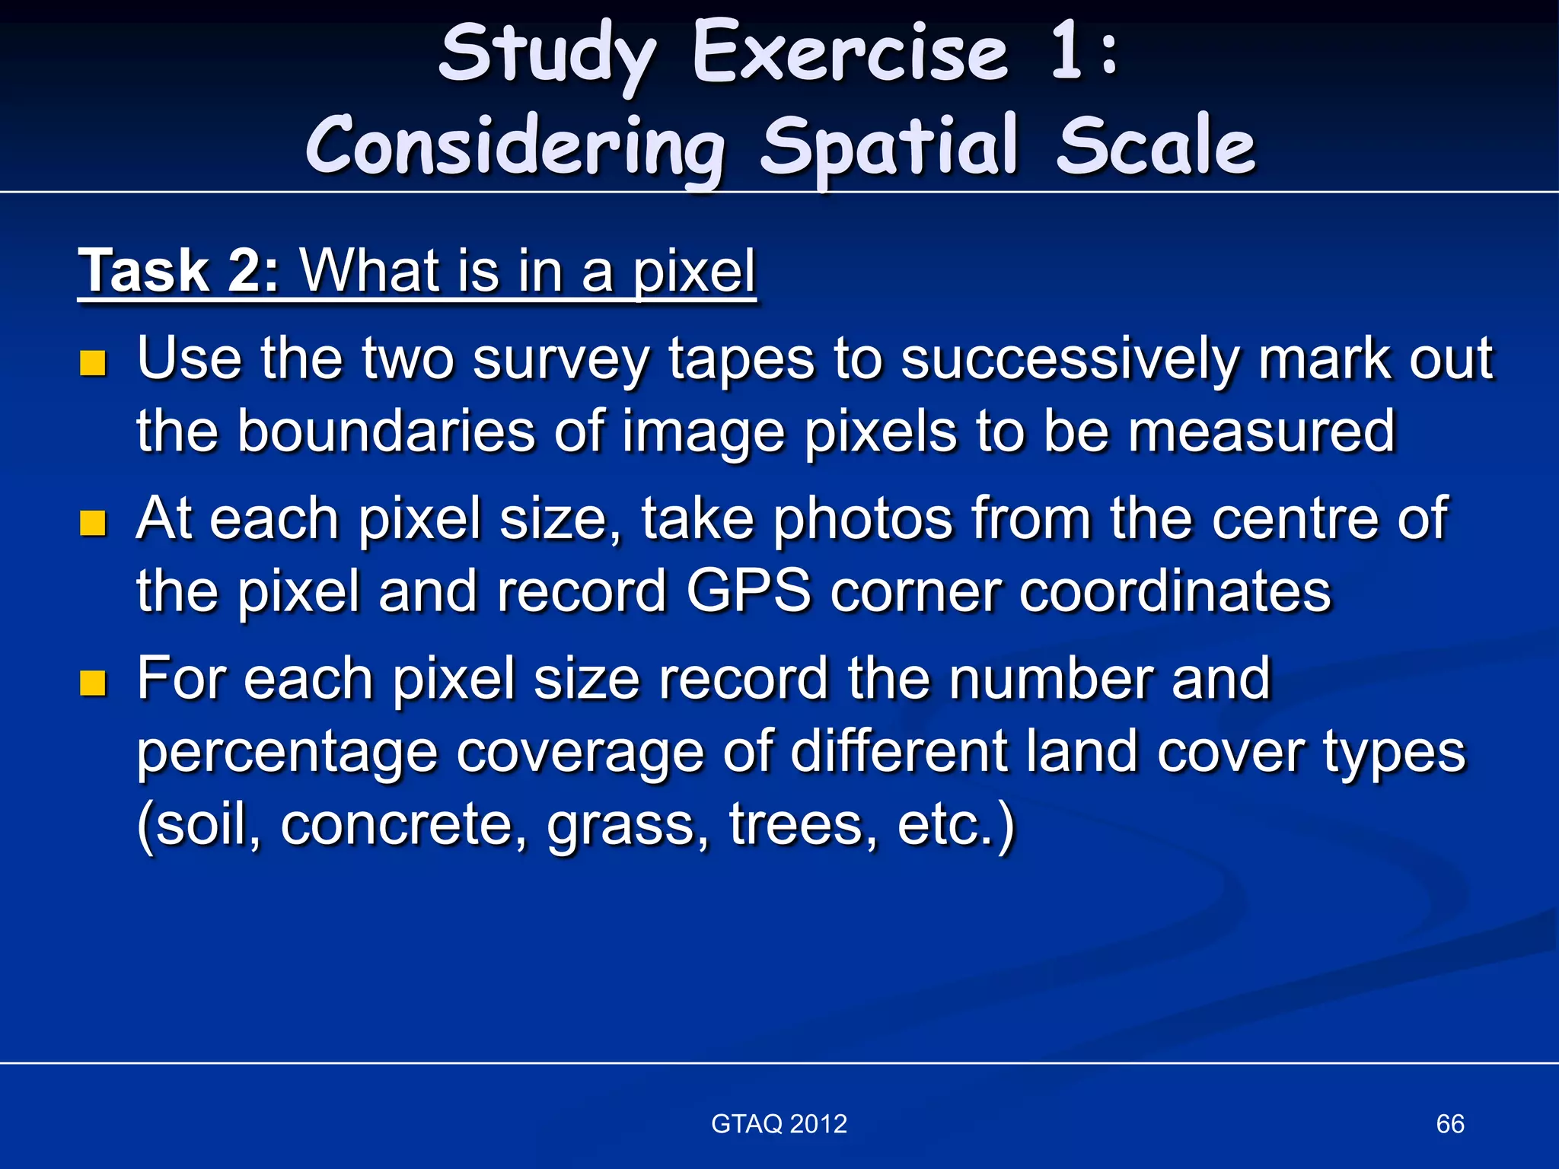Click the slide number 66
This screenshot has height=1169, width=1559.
pyautogui.click(x=1449, y=1123)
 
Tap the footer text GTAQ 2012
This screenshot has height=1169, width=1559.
pyautogui.click(x=779, y=1123)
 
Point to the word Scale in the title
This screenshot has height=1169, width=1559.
pyautogui.click(x=1156, y=147)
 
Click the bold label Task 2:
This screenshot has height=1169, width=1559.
pyautogui.click(x=180, y=271)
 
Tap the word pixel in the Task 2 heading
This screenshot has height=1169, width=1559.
pyautogui.click(x=694, y=272)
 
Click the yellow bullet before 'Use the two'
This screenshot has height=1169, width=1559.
pyautogui.click(x=92, y=363)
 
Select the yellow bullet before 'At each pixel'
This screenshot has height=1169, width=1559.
pyautogui.click(x=92, y=524)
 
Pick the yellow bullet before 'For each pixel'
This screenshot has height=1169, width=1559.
pyautogui.click(x=92, y=683)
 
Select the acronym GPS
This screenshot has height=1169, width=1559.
pyautogui.click(x=748, y=591)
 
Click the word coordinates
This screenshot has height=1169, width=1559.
pyautogui.click(x=1175, y=591)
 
